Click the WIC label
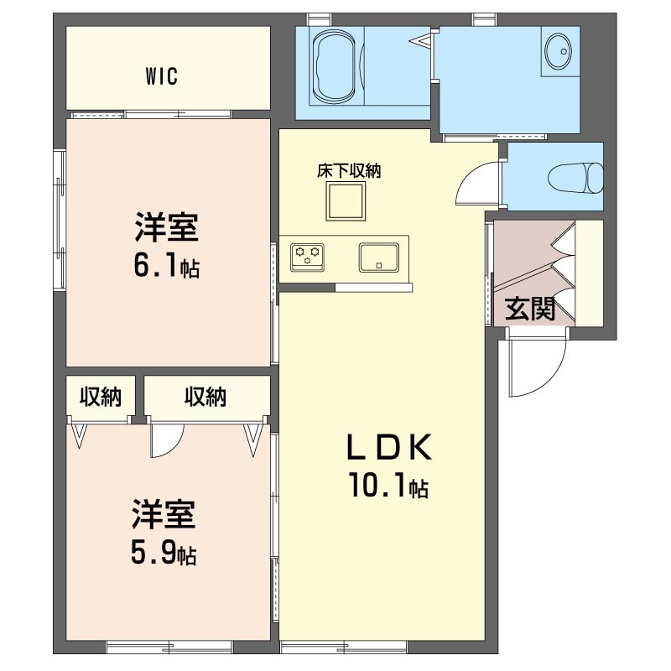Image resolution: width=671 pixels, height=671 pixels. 161,76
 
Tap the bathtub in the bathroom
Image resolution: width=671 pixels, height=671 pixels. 337,66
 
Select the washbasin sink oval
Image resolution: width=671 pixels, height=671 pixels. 559,50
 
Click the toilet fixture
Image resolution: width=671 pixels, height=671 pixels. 575,178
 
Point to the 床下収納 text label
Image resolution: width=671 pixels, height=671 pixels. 349,171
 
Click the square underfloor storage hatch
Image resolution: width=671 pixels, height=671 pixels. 346,201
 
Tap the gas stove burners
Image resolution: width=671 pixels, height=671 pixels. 307,257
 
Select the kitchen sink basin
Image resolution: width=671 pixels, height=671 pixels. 379,257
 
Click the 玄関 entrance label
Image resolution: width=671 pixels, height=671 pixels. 530,309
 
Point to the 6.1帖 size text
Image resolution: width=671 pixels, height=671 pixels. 166,267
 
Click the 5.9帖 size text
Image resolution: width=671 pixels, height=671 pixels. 164,554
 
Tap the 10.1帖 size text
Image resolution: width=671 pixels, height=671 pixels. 388,486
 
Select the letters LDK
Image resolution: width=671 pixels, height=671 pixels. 388,447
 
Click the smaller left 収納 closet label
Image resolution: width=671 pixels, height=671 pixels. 101,397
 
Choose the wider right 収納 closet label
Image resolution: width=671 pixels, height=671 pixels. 205,397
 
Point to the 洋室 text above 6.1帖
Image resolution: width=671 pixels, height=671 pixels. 166,226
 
